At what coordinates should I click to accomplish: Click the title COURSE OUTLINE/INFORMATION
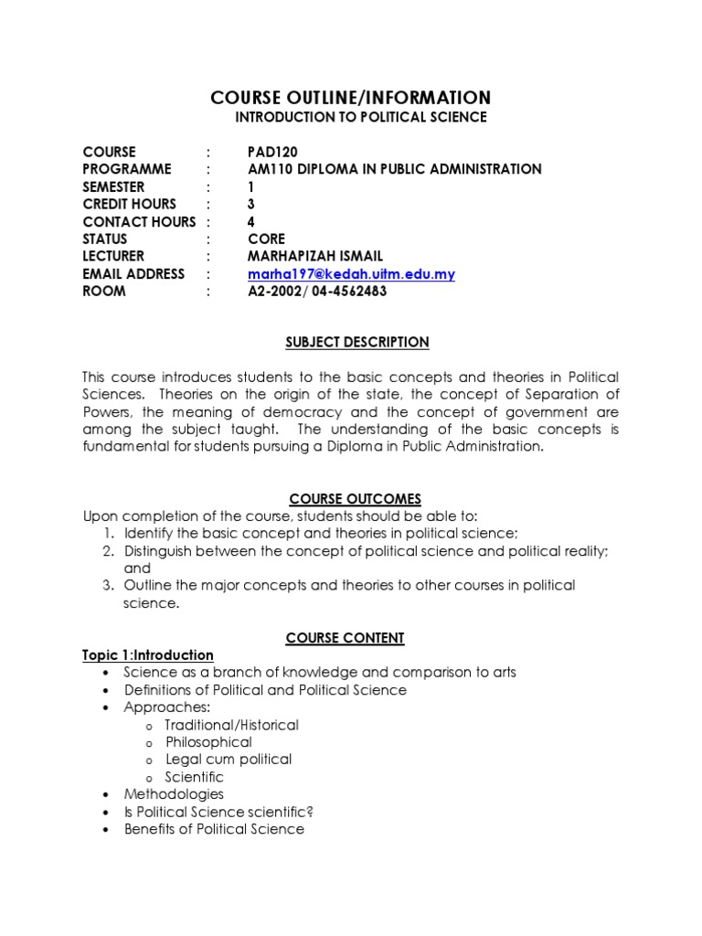pyautogui.click(x=351, y=98)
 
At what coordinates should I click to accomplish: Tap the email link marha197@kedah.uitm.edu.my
pyautogui.click(x=351, y=274)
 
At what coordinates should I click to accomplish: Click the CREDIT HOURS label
pyautogui.click(x=129, y=204)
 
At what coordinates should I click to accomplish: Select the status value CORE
pyautogui.click(x=266, y=239)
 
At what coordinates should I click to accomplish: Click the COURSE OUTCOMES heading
pyautogui.click(x=355, y=499)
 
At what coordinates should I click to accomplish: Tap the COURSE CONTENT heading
pyautogui.click(x=345, y=638)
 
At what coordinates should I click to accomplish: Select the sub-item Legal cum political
pyautogui.click(x=229, y=760)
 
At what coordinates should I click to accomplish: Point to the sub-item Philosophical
pyautogui.click(x=208, y=742)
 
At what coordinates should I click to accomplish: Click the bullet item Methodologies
pyautogui.click(x=174, y=794)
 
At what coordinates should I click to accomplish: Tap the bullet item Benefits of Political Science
pyautogui.click(x=214, y=829)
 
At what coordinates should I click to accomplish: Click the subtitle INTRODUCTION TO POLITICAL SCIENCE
pyautogui.click(x=361, y=118)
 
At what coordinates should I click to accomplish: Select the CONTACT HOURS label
pyautogui.click(x=139, y=221)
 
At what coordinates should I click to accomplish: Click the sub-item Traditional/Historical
pyautogui.click(x=231, y=725)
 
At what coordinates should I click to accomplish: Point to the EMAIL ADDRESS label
pyautogui.click(x=133, y=274)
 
